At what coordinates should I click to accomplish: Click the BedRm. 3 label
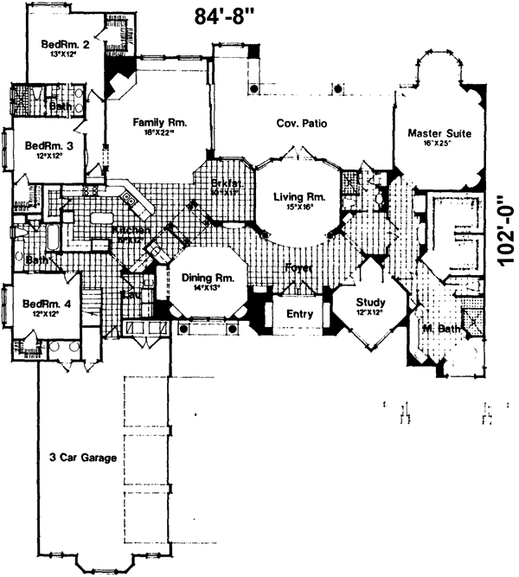click(48, 146)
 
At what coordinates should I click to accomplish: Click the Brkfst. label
click(226, 183)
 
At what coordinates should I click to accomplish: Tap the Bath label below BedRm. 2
click(61, 106)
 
